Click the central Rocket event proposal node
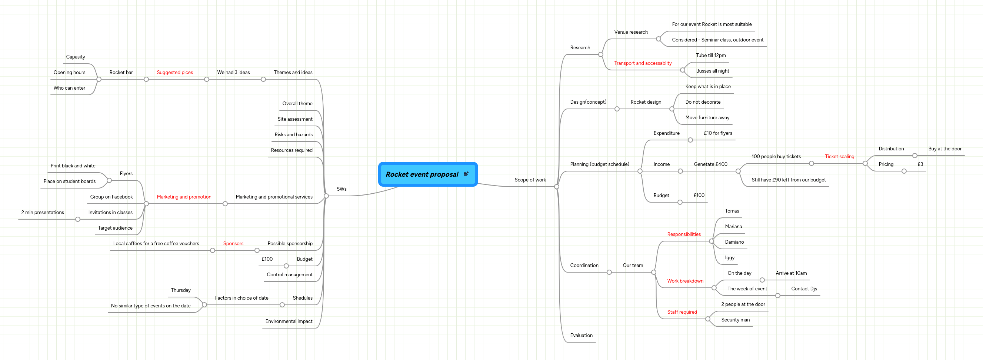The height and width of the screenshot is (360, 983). coord(421,174)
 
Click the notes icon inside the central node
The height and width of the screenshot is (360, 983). coord(466,174)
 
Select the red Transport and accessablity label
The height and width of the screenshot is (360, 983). coord(643,63)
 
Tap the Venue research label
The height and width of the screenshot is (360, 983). coord(631,32)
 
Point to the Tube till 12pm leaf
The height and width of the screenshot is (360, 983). coord(710,55)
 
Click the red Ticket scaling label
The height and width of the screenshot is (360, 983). coord(839,157)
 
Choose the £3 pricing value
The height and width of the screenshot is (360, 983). coord(920,164)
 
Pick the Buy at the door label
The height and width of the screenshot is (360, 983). coord(944,149)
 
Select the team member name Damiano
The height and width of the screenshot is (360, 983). coord(734,242)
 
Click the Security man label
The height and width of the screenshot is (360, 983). coord(735,320)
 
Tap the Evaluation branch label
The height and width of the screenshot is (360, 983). coord(581,336)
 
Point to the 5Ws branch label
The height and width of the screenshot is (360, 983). coord(341,189)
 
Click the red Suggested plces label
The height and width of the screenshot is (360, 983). coord(175,73)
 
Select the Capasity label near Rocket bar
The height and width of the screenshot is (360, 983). coord(76,57)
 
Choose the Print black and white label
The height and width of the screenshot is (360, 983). coord(73,166)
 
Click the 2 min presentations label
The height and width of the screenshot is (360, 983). coord(42,213)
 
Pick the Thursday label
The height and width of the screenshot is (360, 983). coord(180,290)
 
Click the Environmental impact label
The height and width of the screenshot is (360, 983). coord(289,321)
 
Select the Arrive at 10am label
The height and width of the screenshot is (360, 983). coord(791,273)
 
